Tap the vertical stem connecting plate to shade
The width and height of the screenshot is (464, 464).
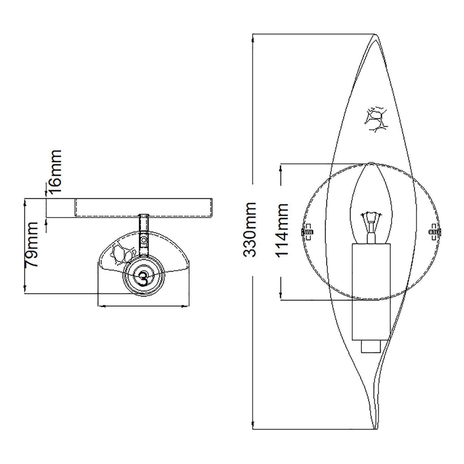coord(143,235)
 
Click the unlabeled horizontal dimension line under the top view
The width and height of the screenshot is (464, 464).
coord(143,306)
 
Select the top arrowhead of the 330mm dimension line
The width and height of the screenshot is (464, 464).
coord(253,40)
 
